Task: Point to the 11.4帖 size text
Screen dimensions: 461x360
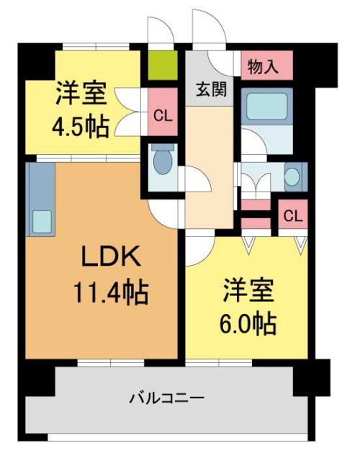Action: point(110,293)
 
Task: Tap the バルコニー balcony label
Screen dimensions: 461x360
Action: point(167,397)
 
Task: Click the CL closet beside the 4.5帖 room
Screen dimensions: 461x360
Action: point(162,113)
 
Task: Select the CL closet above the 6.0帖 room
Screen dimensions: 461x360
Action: point(292,215)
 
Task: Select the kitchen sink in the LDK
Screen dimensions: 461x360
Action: point(40,220)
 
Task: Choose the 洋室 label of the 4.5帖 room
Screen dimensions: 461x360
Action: point(80,93)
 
